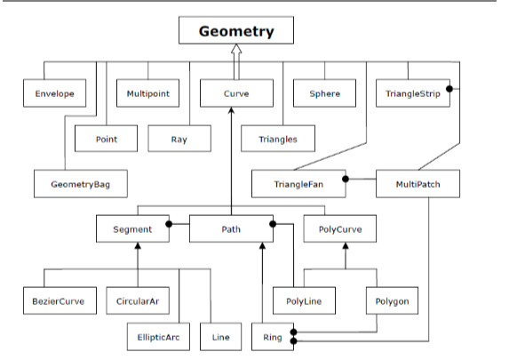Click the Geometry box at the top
(236, 30)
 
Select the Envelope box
(54, 93)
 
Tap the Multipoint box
(147, 93)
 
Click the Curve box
(236, 93)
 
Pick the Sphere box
(324, 93)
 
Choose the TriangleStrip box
(413, 93)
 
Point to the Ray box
(179, 139)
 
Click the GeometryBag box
(81, 184)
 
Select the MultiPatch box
(418, 184)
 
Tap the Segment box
(132, 228)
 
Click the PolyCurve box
(340, 228)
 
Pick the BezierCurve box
(60, 300)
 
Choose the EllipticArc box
(158, 337)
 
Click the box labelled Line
(220, 337)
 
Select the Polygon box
(392, 300)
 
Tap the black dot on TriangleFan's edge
(346, 179)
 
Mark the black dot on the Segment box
(169, 224)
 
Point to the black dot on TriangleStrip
(449, 89)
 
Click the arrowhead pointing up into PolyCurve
(346, 246)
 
